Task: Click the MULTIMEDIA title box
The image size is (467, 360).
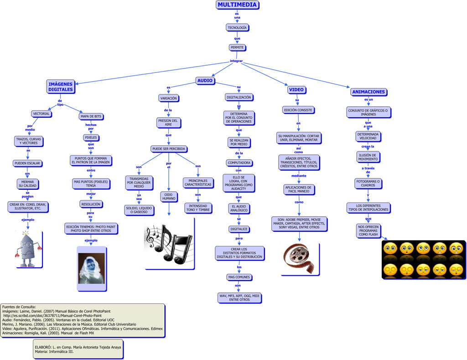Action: [x=237, y=5]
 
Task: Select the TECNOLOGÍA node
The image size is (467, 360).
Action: [x=237, y=28]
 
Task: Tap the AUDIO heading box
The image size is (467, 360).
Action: [x=205, y=81]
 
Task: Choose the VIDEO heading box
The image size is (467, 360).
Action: [x=296, y=89]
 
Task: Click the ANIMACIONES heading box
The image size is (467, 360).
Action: [x=368, y=92]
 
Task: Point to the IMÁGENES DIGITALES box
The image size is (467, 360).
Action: [x=61, y=87]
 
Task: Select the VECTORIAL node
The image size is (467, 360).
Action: [x=41, y=114]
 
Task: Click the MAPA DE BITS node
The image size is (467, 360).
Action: [x=91, y=116]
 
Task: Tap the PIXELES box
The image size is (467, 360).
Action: [x=91, y=137]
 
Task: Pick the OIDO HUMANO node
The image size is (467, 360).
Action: [x=168, y=196]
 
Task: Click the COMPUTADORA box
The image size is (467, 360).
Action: [x=239, y=163]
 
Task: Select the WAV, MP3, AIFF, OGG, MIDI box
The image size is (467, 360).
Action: [x=239, y=297]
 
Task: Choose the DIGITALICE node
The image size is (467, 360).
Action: [x=239, y=229]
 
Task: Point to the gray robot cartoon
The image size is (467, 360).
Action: [x=29, y=249]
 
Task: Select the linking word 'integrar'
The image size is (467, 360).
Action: [x=236, y=61]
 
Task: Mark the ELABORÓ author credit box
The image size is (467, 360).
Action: [x=78, y=349]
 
